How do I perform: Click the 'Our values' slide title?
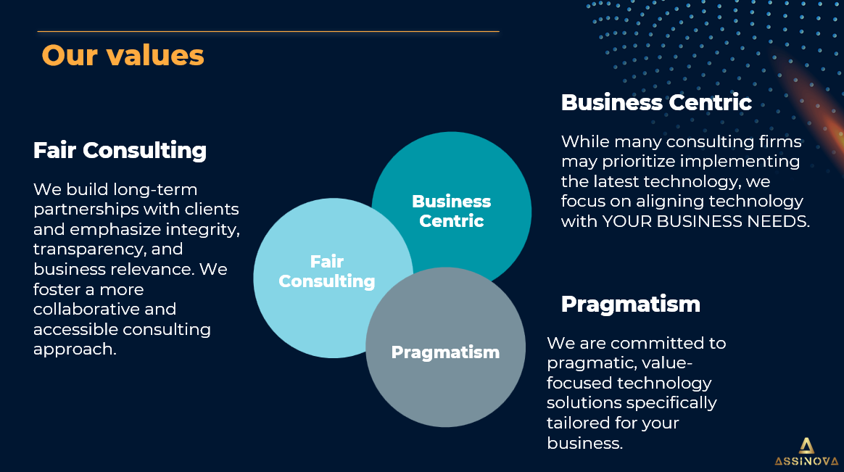(x=123, y=55)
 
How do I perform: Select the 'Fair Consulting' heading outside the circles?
(x=120, y=151)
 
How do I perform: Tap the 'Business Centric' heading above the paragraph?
(x=656, y=102)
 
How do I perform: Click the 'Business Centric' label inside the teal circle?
(x=451, y=211)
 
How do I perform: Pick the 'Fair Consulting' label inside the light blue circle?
(x=327, y=271)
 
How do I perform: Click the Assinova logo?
(x=806, y=452)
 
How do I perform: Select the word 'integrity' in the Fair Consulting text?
(x=202, y=230)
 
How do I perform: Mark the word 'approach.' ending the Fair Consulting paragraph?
(x=75, y=349)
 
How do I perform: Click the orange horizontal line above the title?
(x=268, y=32)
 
